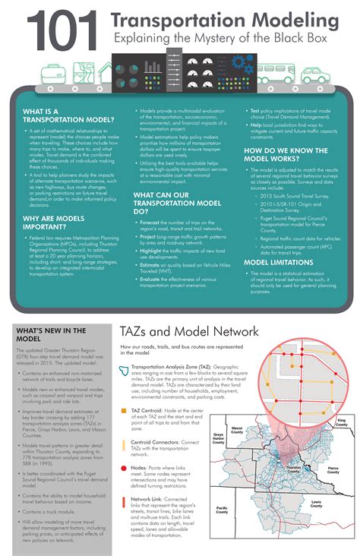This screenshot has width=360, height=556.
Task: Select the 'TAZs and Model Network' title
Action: (x=189, y=332)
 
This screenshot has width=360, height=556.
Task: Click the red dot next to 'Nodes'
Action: (x=124, y=469)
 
